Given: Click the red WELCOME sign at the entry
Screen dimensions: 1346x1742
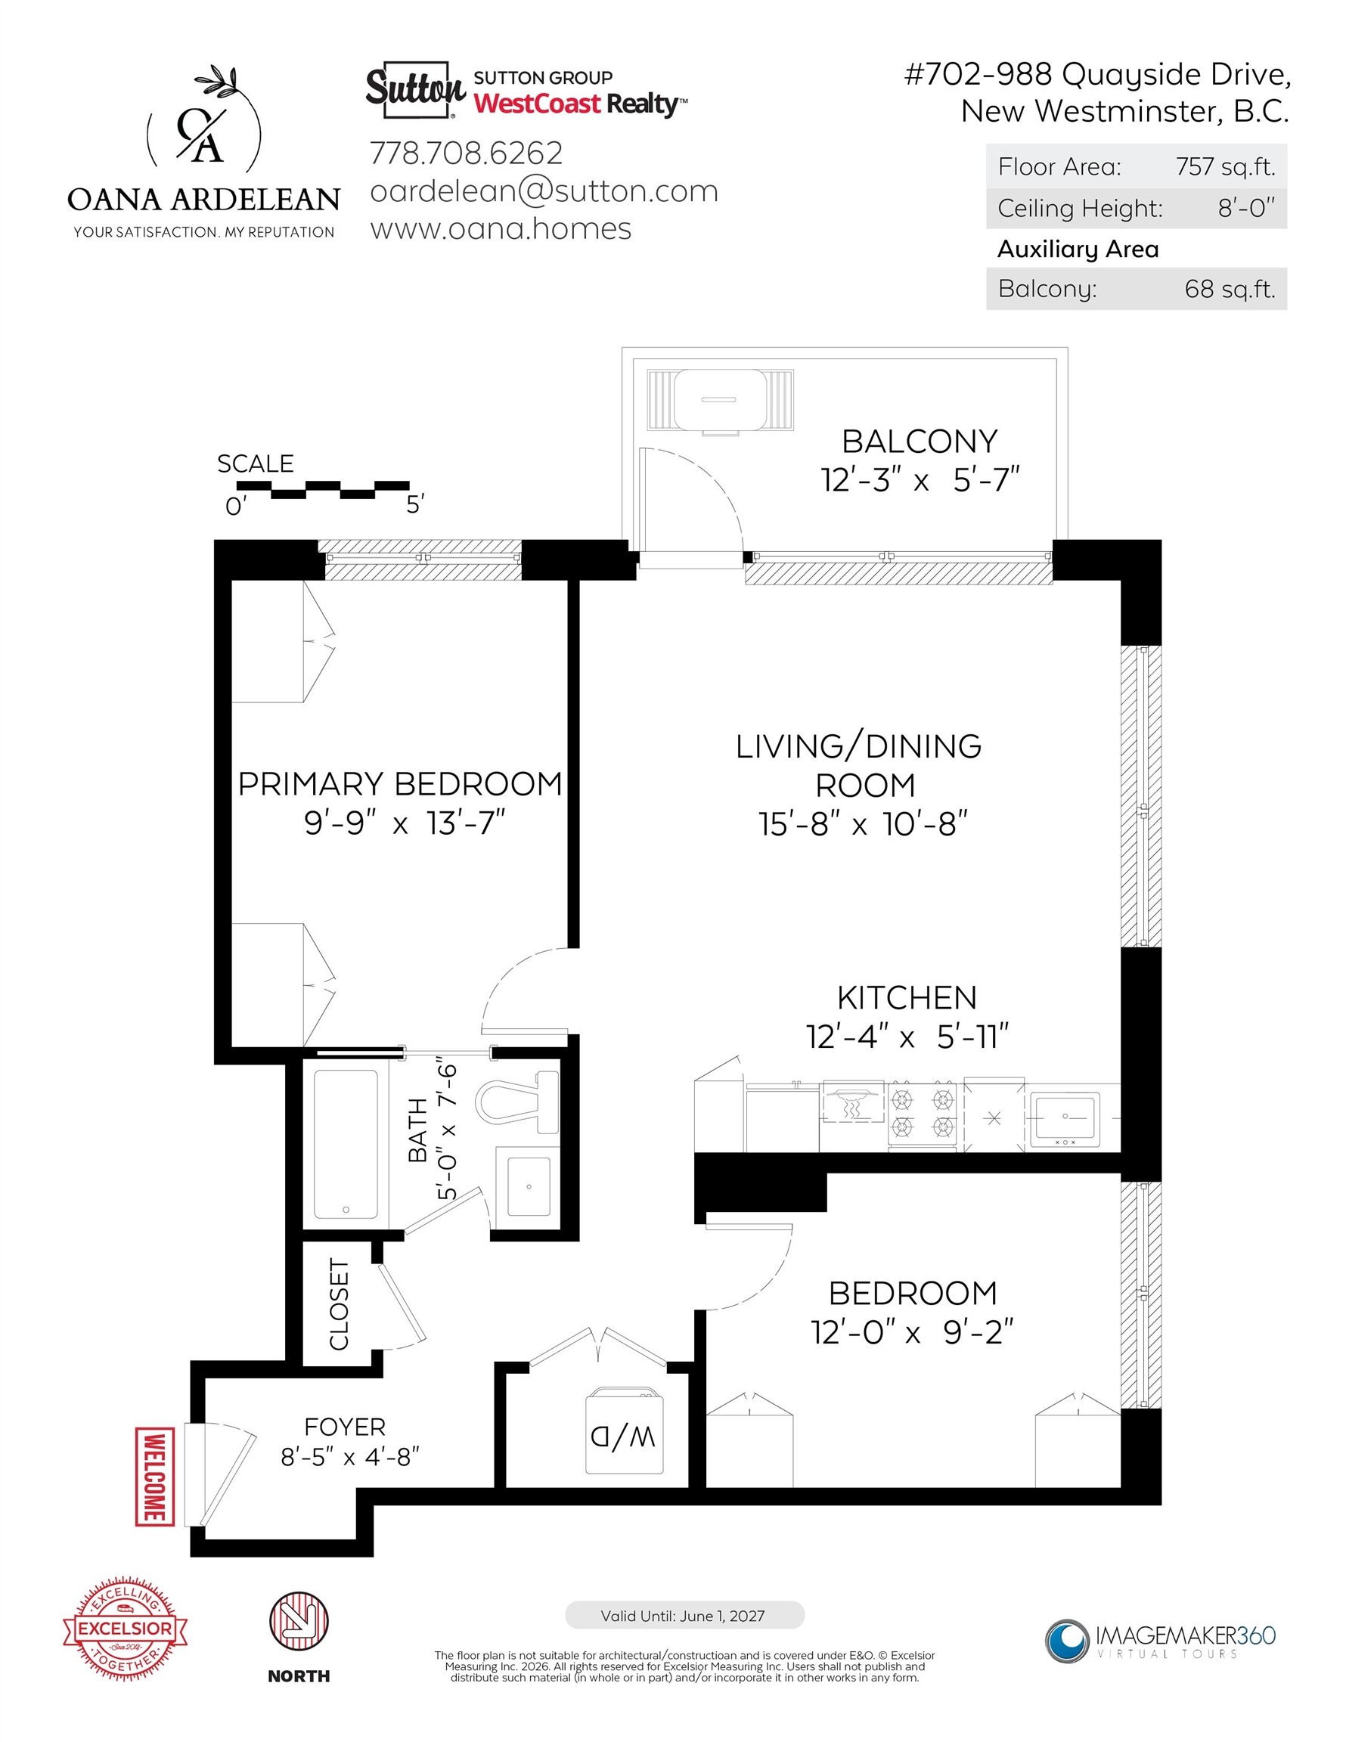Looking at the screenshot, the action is [156, 1477].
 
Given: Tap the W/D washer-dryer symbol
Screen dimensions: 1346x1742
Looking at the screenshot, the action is [625, 1432].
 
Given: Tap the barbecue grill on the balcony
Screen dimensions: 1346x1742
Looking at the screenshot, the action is [721, 401].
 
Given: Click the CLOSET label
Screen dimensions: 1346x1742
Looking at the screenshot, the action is [339, 1304].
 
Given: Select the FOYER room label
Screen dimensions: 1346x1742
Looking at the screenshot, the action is [345, 1426].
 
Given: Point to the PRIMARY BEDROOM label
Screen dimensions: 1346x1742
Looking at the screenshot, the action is [401, 784].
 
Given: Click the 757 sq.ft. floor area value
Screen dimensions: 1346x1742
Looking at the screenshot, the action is [1226, 166].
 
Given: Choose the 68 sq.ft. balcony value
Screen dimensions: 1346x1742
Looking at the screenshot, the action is [1230, 289].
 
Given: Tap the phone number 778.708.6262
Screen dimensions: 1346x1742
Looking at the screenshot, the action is [467, 153].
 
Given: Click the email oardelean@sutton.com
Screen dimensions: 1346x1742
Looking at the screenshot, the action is [544, 191].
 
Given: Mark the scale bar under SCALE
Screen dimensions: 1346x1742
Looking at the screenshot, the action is [323, 490].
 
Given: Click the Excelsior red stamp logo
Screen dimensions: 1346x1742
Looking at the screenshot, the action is [126, 1628].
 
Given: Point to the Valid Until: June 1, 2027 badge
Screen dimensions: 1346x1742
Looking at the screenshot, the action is [684, 1615].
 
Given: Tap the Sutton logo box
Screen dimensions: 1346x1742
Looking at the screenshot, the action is [415, 89].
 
